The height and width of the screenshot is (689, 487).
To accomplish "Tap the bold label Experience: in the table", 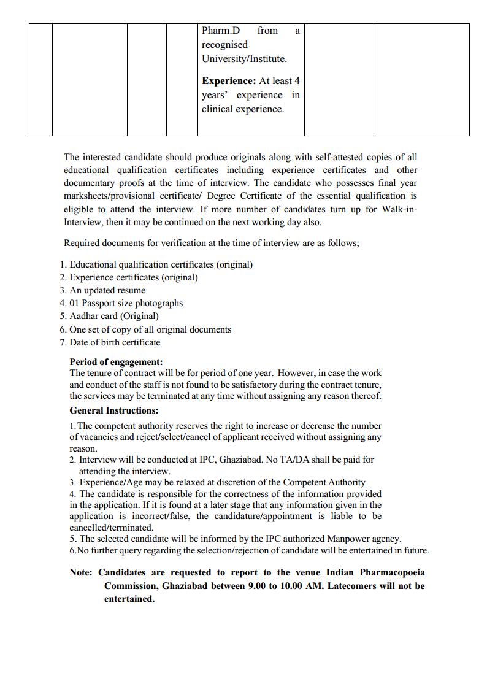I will point(229,81).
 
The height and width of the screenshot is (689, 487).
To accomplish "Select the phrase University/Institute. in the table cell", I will point(244,59).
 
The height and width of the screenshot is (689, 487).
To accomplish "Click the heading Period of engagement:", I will point(116,362).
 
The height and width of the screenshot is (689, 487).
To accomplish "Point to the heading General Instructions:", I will point(113,410).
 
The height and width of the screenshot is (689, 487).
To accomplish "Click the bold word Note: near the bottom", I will point(81,572).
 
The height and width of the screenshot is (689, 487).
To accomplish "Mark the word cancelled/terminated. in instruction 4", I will point(111,527).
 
